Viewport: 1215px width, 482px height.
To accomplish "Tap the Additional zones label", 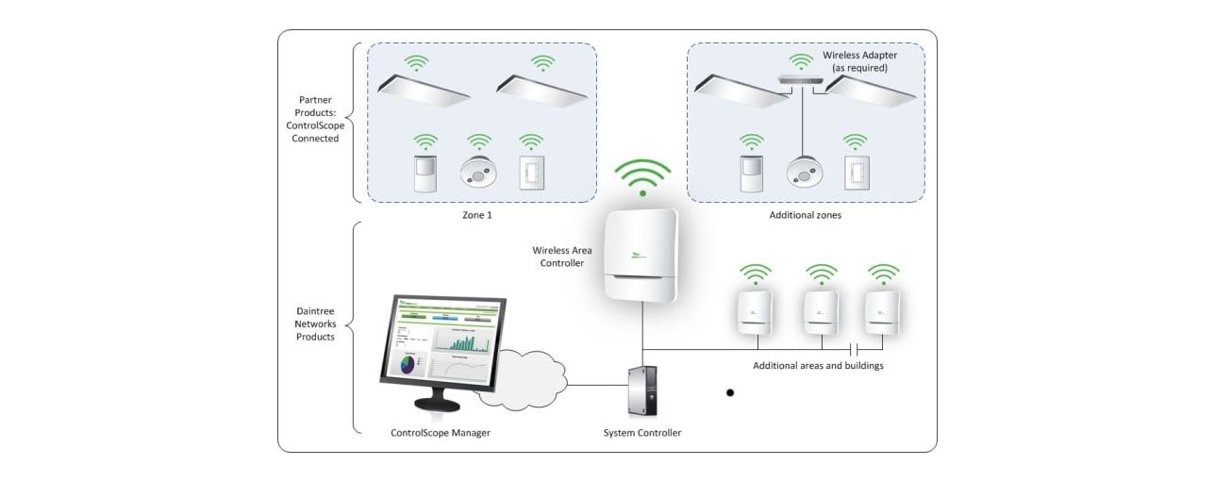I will [805, 215].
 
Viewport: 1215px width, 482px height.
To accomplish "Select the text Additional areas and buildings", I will [818, 365].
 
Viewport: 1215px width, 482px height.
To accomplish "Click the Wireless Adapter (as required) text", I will [859, 62].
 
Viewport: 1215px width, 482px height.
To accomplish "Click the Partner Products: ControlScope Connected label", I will [315, 118].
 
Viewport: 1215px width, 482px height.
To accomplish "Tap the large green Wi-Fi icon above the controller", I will [642, 177].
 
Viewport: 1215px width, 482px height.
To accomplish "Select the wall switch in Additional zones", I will [856, 173].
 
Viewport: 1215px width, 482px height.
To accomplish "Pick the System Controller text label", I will [641, 433].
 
